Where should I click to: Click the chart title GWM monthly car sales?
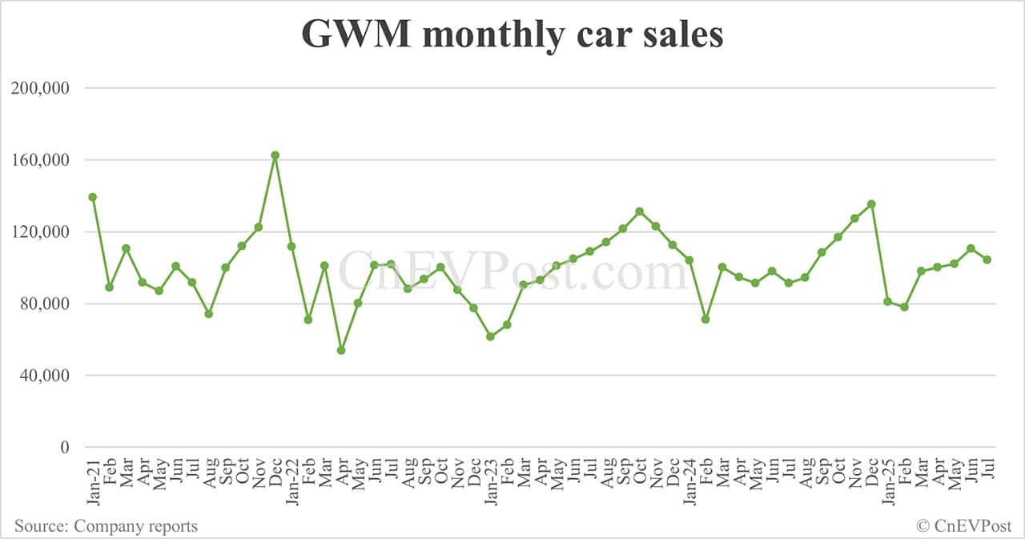(x=512, y=35)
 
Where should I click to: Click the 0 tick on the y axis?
(x=66, y=448)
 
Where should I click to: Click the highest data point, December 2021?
(x=275, y=155)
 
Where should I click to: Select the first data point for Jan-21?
(x=93, y=197)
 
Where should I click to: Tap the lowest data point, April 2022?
(x=341, y=350)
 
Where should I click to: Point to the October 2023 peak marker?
(x=639, y=211)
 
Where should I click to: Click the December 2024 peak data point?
(x=871, y=204)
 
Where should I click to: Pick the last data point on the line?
(x=987, y=259)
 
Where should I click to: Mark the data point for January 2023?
(x=490, y=336)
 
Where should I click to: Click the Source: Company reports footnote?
(x=106, y=526)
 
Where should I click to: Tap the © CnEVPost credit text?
(x=964, y=526)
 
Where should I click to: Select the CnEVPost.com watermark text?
(x=512, y=270)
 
